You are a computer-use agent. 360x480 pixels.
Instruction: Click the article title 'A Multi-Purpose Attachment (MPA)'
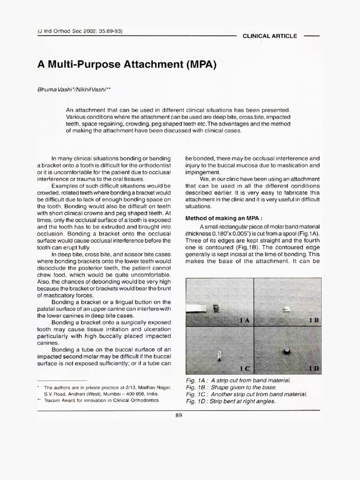[x=127, y=65]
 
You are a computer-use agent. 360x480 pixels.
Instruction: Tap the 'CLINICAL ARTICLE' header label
[x=270, y=36]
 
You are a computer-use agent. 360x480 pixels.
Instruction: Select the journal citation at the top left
[x=80, y=31]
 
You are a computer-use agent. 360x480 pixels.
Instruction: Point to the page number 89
[x=179, y=415]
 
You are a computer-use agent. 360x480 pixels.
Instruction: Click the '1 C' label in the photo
[x=244, y=368]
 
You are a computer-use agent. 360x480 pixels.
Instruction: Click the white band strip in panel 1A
[x=199, y=308]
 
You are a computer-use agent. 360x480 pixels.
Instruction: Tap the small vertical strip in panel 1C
[x=219, y=358]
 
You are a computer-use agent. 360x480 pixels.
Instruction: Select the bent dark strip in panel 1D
[x=286, y=351]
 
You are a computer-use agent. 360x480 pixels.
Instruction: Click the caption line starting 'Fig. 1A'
[x=238, y=380]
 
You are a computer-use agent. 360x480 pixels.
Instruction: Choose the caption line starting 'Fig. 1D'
[x=231, y=401]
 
